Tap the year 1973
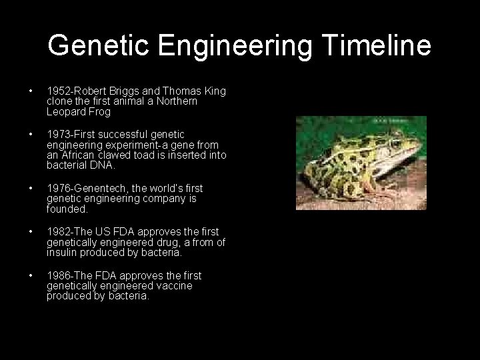pos(57,135)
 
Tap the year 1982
pos(57,232)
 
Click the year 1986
pos(57,275)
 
